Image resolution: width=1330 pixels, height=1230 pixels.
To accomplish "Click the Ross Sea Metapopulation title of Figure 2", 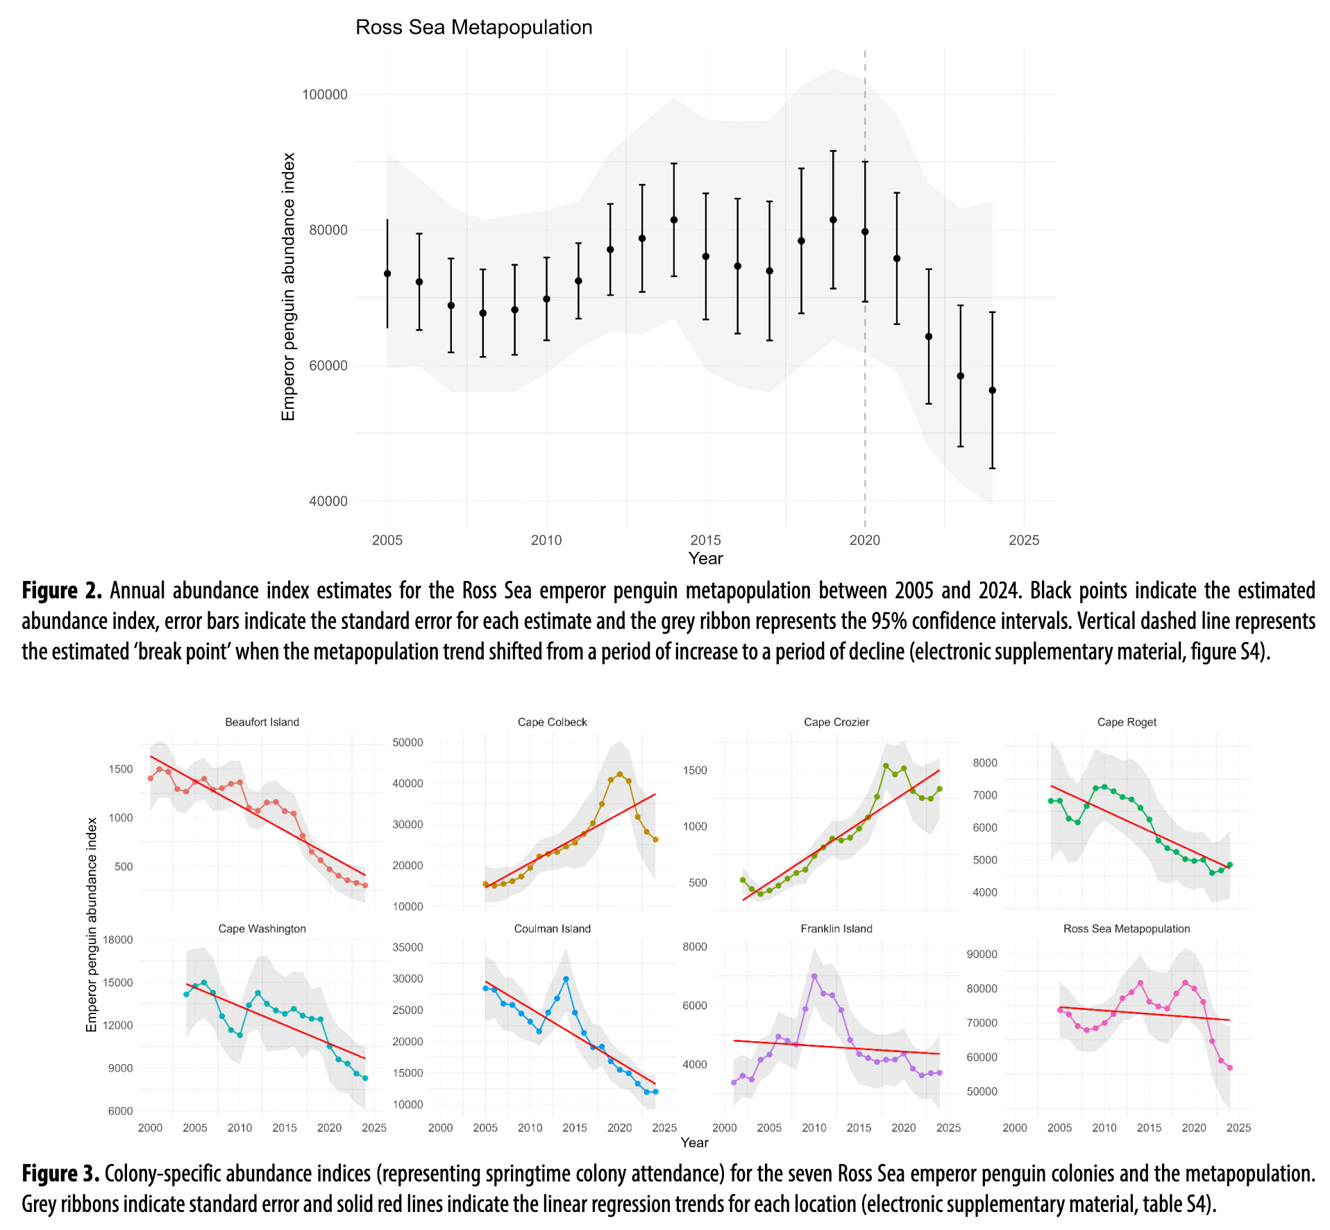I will [473, 27].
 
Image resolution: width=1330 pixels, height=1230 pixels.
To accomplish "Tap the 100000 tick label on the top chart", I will [325, 94].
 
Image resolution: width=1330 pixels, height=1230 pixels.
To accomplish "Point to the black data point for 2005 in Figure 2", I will [387, 273].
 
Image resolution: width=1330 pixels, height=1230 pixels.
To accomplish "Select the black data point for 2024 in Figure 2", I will [992, 390].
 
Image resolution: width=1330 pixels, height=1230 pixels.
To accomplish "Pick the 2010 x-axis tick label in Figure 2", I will [546, 540].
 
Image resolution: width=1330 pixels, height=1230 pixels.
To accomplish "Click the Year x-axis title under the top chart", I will [705, 558].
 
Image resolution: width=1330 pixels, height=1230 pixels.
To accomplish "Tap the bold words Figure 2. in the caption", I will [62, 591].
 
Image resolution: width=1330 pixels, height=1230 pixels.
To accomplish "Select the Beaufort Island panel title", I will [262, 722].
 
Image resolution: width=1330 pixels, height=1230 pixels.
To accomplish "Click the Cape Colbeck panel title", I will [552, 722].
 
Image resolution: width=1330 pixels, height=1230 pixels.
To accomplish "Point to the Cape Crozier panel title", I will [836, 722].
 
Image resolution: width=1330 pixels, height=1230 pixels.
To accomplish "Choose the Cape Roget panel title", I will [1126, 722].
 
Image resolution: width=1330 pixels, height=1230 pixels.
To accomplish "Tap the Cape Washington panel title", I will [262, 929].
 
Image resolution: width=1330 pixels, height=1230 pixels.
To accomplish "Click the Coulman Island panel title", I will [552, 929].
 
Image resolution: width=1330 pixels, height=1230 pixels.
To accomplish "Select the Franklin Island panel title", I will [836, 929].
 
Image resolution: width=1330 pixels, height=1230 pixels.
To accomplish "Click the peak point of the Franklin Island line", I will [814, 976].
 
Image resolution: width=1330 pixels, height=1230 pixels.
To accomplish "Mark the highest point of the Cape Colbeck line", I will [619, 774].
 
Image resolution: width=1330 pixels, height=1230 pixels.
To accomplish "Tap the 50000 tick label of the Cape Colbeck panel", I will [407, 742].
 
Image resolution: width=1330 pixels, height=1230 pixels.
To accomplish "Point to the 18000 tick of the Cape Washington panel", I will [118, 939].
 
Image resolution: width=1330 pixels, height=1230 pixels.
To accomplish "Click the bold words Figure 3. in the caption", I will [61, 1174].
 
